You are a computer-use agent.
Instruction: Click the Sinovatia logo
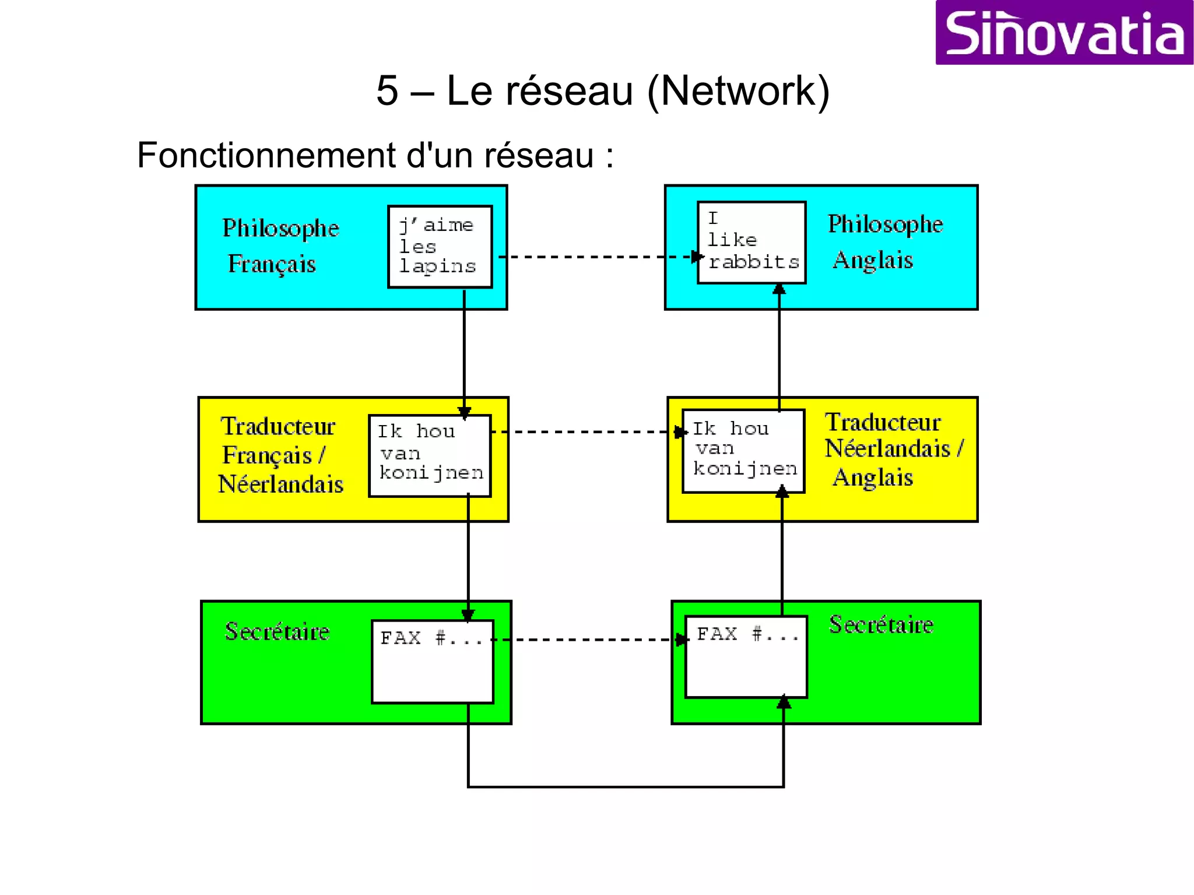point(1064,33)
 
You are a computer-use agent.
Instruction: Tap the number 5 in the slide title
point(387,92)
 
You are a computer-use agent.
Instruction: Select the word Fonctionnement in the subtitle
point(266,156)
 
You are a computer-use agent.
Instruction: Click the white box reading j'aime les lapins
point(440,247)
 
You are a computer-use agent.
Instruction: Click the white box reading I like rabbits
point(751,243)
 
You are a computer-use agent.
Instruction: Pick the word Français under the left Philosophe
point(272,264)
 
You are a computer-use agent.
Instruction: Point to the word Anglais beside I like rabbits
point(873,260)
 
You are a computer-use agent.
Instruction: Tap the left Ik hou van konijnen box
point(430,455)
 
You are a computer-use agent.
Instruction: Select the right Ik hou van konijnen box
point(743,451)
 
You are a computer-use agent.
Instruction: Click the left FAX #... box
point(432,661)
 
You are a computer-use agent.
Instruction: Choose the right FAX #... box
point(746,657)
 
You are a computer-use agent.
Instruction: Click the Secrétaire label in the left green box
point(277,632)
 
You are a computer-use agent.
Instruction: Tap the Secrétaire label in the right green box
point(881,625)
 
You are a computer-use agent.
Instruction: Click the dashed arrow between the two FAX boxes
point(589,640)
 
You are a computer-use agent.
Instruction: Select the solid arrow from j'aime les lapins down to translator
point(464,350)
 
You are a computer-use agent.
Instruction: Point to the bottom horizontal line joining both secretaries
point(625,787)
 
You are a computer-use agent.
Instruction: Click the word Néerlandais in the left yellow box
point(280,485)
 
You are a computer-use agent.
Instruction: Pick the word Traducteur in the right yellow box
point(882,423)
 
